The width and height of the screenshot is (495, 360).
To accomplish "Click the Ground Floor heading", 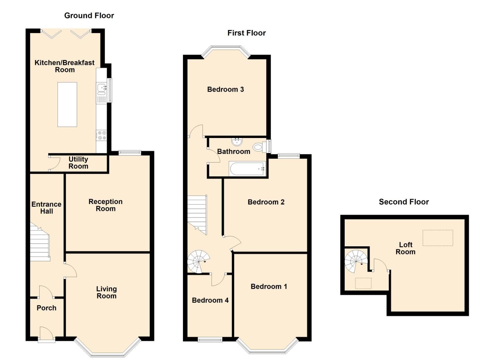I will pos(89,16).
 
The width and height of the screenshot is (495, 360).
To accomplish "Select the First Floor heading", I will pos(246,33).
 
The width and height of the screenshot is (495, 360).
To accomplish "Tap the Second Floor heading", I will pos(404,202).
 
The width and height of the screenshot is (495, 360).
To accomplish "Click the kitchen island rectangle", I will pos(67,104).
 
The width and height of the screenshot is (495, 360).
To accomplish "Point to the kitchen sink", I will pos(101,88).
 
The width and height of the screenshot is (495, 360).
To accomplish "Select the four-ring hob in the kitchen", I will pos(101,135).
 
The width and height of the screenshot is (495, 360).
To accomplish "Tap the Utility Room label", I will pos(78,163).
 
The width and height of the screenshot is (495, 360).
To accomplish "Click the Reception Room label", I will pos(105,205).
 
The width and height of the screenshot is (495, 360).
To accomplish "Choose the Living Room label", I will pos(106,292).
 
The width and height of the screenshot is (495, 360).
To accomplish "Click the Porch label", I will pos(46,308).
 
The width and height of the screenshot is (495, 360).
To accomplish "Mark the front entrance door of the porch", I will pos(46,334).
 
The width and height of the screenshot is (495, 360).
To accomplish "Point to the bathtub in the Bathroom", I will pos(247,169).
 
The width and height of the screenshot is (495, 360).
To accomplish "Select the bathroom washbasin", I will pos(237,141).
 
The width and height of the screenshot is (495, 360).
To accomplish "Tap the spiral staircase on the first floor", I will pos(198,262).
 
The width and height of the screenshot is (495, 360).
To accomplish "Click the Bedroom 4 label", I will pos(210,300).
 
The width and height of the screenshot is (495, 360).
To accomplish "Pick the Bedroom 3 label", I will pos(225,89).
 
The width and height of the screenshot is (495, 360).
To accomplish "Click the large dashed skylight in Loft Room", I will pos(438,238).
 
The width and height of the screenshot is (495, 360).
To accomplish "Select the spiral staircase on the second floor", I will pos(356,261).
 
